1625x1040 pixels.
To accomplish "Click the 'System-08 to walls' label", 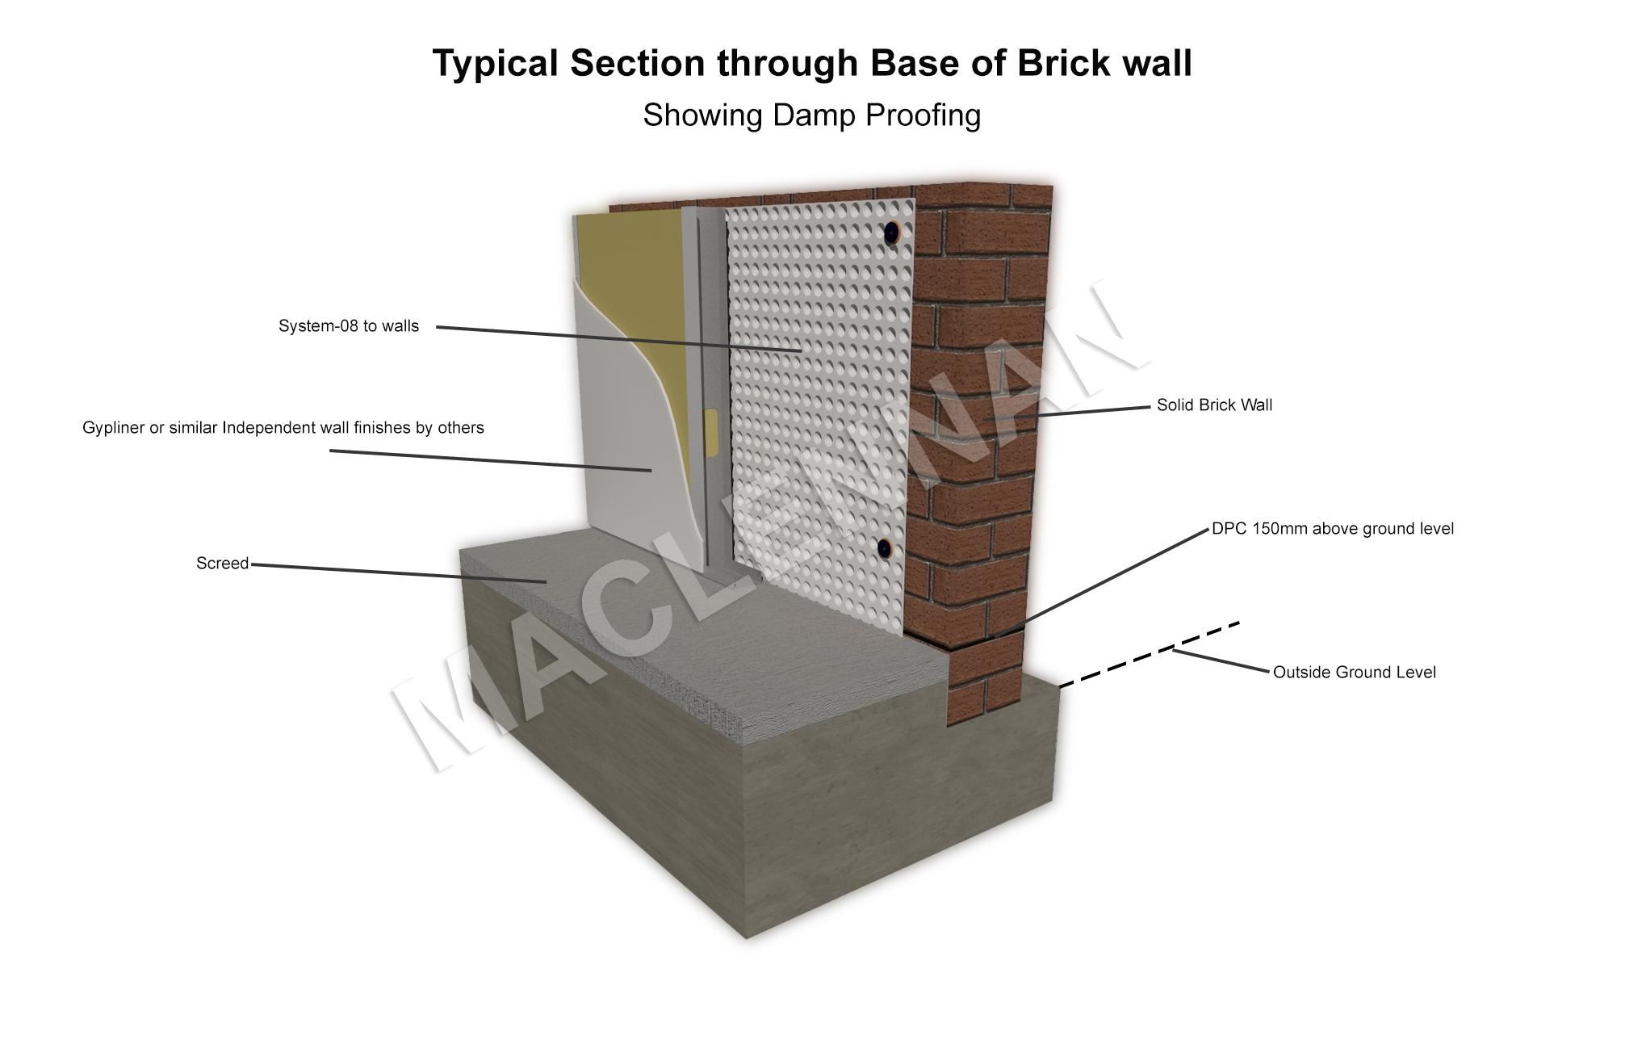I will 349,326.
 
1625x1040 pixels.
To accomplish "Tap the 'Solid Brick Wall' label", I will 1213,405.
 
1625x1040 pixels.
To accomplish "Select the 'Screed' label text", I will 222,564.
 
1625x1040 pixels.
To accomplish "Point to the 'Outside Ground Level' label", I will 1354,673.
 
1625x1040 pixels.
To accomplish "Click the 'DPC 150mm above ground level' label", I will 1332,529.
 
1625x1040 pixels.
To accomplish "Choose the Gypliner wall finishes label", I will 283,428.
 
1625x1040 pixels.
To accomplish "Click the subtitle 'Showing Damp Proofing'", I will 811,115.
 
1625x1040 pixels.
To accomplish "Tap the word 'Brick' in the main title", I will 1053,63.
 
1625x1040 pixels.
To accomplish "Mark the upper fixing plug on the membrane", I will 892,233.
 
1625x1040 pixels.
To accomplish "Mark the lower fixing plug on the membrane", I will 886,549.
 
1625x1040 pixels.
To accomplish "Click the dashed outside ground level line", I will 1146,656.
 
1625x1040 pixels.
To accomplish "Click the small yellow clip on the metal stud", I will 711,430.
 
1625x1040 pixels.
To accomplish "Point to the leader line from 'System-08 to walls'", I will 618,338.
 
